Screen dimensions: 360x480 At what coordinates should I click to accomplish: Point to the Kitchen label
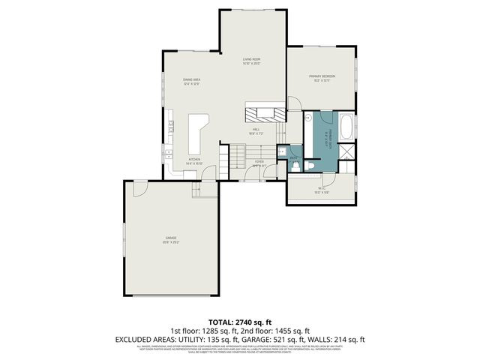coord(193,159)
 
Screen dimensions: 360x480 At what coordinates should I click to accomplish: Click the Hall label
coord(255,129)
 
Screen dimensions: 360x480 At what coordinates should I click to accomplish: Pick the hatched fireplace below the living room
coord(265,113)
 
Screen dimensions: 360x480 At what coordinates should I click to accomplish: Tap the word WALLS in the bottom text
coord(330,340)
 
